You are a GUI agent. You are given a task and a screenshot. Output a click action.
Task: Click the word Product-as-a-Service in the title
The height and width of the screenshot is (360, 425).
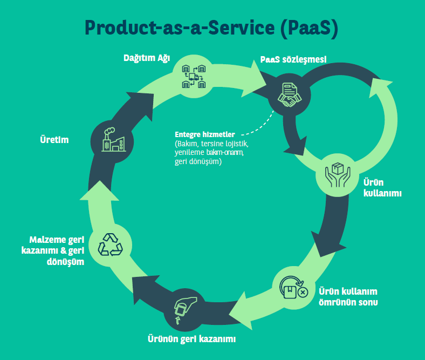tap(180, 28)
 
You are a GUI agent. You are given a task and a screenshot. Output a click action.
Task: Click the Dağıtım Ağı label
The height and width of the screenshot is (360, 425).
tap(147, 58)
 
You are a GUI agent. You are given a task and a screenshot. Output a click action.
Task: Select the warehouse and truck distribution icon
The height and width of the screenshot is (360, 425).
tap(194, 77)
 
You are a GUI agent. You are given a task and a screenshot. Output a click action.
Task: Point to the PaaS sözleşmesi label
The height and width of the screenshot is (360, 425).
tap(293, 60)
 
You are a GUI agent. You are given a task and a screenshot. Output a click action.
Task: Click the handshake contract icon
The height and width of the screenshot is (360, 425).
tap(290, 95)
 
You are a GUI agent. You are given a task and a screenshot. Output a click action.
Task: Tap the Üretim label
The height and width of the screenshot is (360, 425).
tap(54, 140)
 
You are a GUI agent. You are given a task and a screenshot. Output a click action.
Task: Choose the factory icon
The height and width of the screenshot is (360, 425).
tap(114, 140)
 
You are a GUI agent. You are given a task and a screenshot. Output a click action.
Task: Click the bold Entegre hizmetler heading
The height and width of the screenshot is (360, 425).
tap(205, 134)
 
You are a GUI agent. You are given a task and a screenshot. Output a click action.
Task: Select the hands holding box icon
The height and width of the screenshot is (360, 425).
tap(338, 175)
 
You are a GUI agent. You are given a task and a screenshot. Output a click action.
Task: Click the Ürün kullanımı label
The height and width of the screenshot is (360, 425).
tap(382, 188)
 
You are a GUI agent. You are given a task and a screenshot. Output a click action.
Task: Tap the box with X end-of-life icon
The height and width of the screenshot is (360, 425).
tap(294, 288)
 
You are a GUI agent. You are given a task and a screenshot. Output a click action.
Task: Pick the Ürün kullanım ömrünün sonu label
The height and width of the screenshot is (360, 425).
tap(348, 297)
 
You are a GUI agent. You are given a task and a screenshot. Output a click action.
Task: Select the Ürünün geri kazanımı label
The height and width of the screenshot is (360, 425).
tap(191, 339)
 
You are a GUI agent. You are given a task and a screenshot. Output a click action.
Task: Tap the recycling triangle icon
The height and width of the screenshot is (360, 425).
tap(111, 244)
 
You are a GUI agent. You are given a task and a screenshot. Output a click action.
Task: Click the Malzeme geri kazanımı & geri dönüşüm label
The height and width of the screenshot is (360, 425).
tap(53, 250)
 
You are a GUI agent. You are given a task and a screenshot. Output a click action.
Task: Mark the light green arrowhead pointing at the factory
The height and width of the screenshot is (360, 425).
tap(99, 191)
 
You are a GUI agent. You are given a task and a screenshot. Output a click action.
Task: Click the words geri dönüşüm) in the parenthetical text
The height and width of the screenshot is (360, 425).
tap(198, 162)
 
